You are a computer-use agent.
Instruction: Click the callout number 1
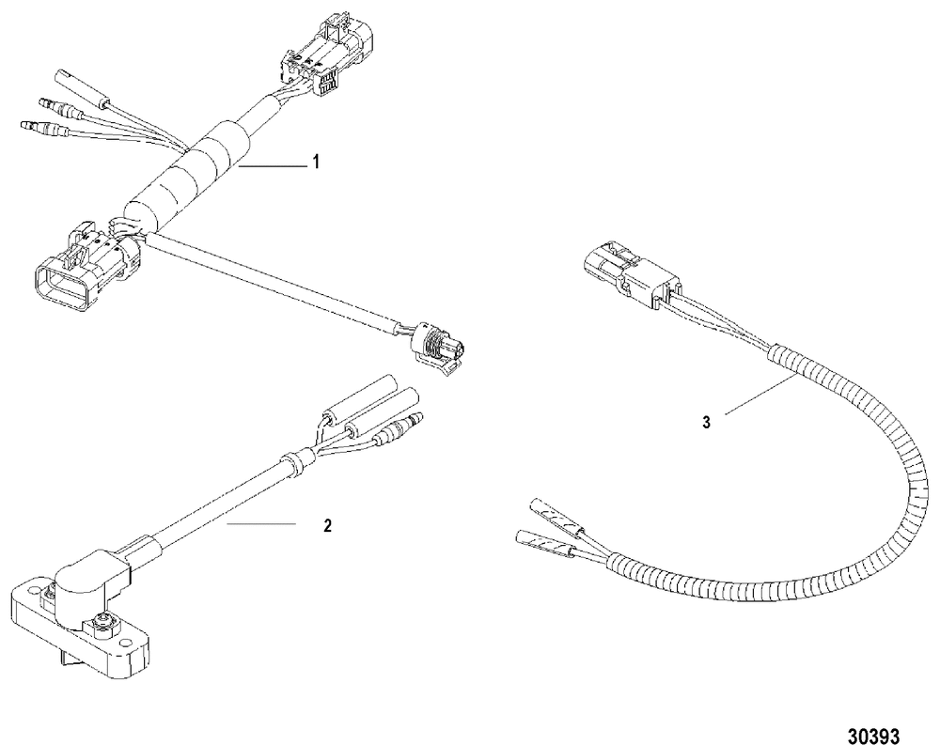pyautogui.click(x=317, y=163)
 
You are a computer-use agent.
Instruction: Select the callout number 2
pyautogui.click(x=326, y=526)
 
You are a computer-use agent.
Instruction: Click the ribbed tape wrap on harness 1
pyautogui.click(x=193, y=170)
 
